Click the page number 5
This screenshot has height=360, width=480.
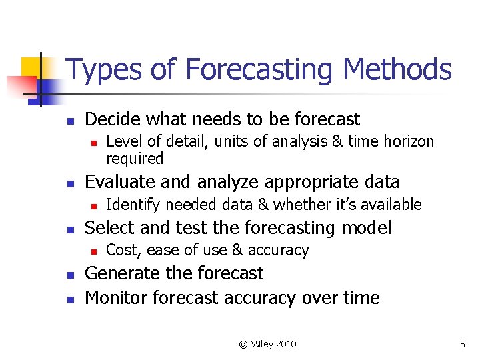pyautogui.click(x=462, y=344)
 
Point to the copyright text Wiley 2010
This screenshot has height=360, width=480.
pyautogui.click(x=267, y=344)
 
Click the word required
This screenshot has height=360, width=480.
pyautogui.click(x=135, y=159)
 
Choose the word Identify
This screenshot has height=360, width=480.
pyautogui.click(x=133, y=205)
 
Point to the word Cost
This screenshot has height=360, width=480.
pyautogui.click(x=121, y=251)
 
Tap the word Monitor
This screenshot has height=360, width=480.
pyautogui.click(x=117, y=298)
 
